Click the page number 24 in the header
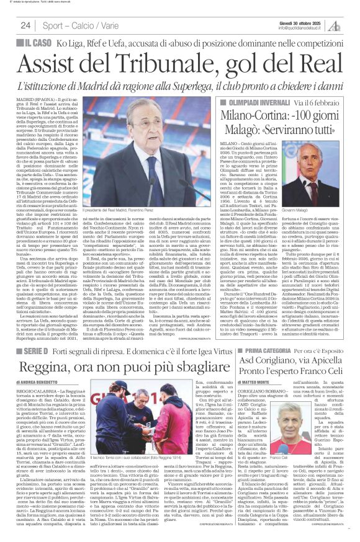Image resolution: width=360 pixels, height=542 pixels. (x=25, y=25)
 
